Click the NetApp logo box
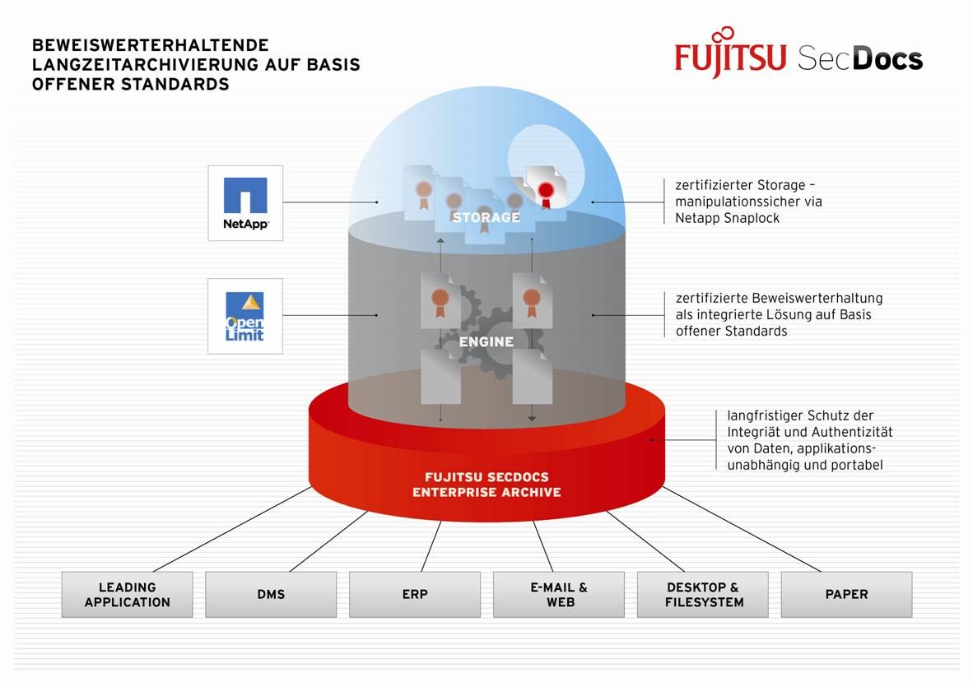pos(245,202)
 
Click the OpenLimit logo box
pos(245,316)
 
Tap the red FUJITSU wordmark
pos(731,58)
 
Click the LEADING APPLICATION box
pos(127,594)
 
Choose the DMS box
pos(271,594)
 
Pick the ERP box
pos(415,594)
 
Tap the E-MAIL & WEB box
pos(559,594)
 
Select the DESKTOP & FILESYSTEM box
pos(703,594)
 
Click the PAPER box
pos(846,594)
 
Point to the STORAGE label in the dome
pos(486,217)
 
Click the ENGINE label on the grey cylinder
pos(486,341)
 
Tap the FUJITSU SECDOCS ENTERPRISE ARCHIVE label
pos(486,485)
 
